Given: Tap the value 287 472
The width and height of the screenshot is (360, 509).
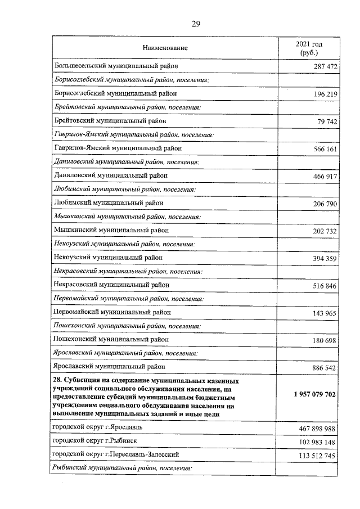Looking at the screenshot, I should click(x=325, y=67).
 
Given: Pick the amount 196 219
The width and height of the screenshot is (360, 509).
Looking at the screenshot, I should click(x=325, y=94).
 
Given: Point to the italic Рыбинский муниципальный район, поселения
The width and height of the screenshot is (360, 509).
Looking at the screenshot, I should click(x=123, y=468).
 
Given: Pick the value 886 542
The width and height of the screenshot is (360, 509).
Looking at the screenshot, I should click(x=325, y=367).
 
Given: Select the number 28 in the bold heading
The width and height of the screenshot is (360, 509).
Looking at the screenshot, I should click(x=57, y=381).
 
